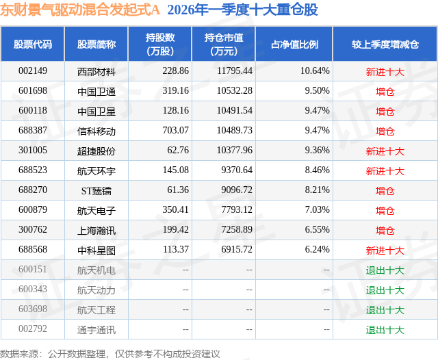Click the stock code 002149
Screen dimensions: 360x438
point(32,70)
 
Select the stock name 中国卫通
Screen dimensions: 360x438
point(96,91)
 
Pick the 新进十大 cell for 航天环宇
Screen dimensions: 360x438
point(385,171)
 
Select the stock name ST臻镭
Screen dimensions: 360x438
point(96,191)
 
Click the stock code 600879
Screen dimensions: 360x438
point(32,211)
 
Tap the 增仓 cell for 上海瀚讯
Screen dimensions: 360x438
point(385,231)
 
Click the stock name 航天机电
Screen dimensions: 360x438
point(96,270)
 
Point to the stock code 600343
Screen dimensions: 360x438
point(32,290)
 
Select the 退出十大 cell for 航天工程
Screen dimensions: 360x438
point(385,310)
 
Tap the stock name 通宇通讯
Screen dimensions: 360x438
point(96,330)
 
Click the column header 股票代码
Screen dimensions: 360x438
point(32,44)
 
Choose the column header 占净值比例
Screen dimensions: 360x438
point(294,44)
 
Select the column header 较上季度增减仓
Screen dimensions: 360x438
point(385,44)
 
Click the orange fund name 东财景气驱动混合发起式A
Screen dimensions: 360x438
point(80,10)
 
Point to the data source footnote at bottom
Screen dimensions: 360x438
point(110,353)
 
